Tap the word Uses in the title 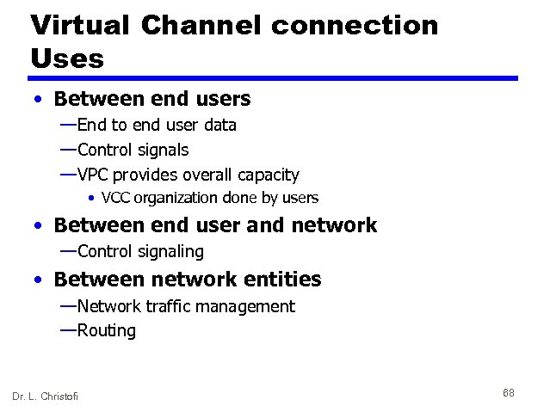point(67,58)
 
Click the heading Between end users point(151,99)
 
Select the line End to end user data point(156,125)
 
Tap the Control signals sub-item point(133,150)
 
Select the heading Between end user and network point(215,225)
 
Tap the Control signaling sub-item point(140,251)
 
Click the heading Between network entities point(187,279)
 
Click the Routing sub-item point(106,330)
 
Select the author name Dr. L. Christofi point(45,396)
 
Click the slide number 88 point(508,393)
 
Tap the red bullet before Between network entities point(40,280)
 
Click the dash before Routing point(67,329)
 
